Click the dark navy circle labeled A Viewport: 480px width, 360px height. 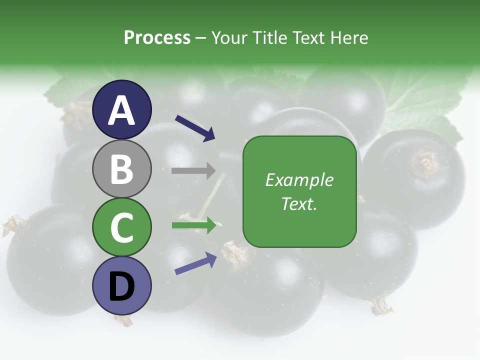point(121,109)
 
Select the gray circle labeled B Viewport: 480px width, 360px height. point(121,168)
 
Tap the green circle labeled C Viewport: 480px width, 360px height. point(121,227)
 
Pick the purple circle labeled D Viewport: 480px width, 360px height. point(121,285)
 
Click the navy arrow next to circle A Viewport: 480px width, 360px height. point(195,127)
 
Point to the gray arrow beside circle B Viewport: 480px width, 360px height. point(193,170)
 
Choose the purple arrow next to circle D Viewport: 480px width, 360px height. point(195,263)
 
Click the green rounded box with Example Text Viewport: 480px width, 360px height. point(299,191)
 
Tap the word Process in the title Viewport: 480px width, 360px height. point(157,37)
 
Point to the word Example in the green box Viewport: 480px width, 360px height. point(299,180)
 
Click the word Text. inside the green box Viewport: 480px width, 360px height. point(299,203)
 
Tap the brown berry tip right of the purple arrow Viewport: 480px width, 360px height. point(237,252)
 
